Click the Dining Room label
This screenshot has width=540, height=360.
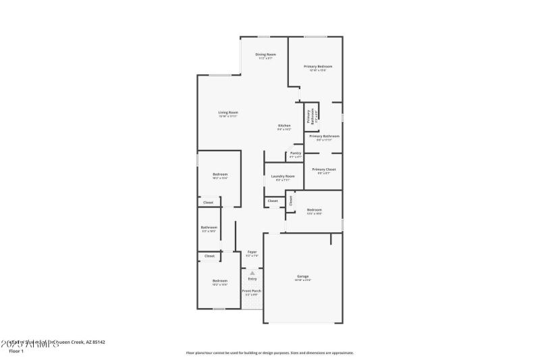point(265,55)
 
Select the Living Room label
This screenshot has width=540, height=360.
point(227,113)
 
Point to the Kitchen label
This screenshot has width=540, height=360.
point(284,126)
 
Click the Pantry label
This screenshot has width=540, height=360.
point(295,153)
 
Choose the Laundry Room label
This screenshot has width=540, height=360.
point(283,176)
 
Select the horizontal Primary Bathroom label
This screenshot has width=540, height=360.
point(324,136)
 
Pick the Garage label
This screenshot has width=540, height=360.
point(302,276)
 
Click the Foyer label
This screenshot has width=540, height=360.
point(252,252)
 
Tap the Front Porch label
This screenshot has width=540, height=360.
point(252,291)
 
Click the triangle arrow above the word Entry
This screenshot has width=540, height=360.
point(252,273)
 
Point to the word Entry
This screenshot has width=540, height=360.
point(252,279)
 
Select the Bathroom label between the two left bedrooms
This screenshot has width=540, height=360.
point(209,228)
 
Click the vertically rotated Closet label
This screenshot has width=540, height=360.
point(292,200)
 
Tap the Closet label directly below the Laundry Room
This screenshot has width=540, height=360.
point(272,201)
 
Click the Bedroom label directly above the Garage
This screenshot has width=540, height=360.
point(314,210)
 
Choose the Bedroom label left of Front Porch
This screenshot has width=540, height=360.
point(220,281)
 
